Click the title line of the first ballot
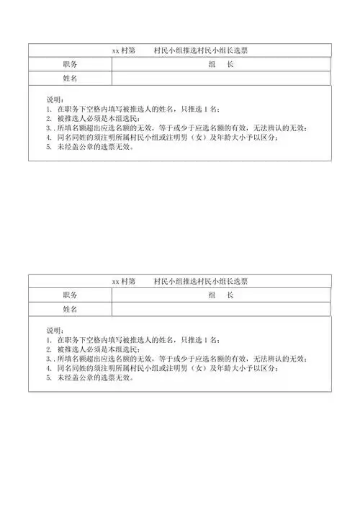click(180, 50)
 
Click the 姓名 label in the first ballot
click(70, 78)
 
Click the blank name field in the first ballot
click(221, 78)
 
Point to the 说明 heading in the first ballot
click(55, 99)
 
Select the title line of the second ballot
click(180, 281)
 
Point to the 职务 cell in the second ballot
click(70, 295)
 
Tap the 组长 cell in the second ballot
click(221, 295)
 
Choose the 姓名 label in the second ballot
click(70, 308)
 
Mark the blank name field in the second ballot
click(221, 308)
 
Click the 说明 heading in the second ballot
click(55, 330)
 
